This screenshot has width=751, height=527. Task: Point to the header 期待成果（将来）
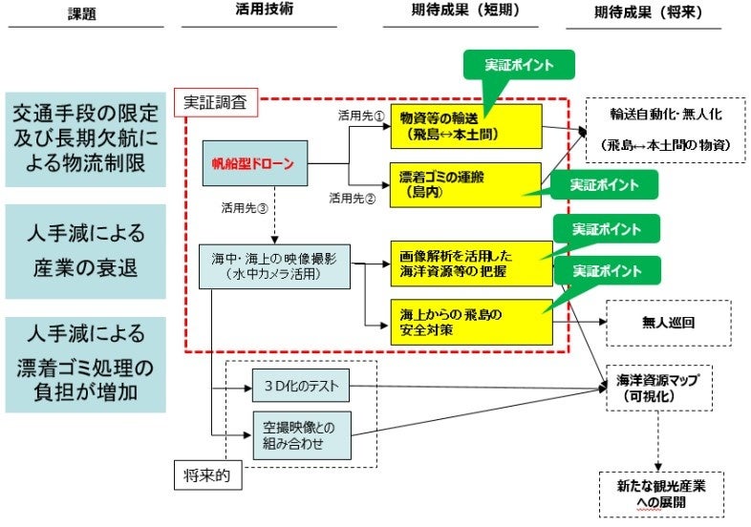coord(655,12)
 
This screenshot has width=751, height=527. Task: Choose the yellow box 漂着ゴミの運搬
coord(466,184)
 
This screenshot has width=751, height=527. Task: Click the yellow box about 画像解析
coord(471,263)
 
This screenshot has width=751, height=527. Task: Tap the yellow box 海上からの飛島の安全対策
coord(471,322)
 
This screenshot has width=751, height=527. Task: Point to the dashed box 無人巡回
coord(668,323)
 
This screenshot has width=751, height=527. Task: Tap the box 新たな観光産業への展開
coord(656,493)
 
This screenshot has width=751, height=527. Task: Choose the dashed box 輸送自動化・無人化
coord(666,130)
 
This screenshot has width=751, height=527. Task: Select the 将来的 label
coord(204,474)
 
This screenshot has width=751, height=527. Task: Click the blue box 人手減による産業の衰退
coord(85,251)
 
